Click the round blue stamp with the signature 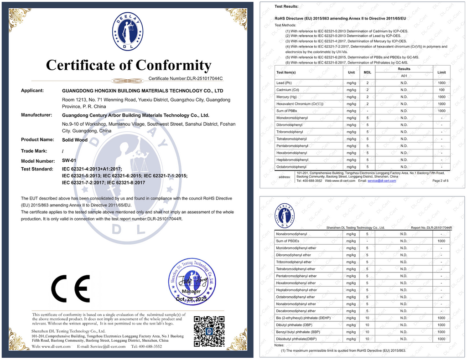click(x=192, y=282)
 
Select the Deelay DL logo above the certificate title click(x=128, y=32)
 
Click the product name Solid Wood click(x=74, y=140)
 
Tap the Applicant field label click(x=32, y=90)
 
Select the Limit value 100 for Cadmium click(x=441, y=90)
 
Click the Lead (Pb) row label click(x=284, y=83)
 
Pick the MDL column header click(x=368, y=72)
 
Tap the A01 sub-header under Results click(x=404, y=75)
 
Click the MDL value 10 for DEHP click(x=367, y=318)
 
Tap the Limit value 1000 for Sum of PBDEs click(x=441, y=241)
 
